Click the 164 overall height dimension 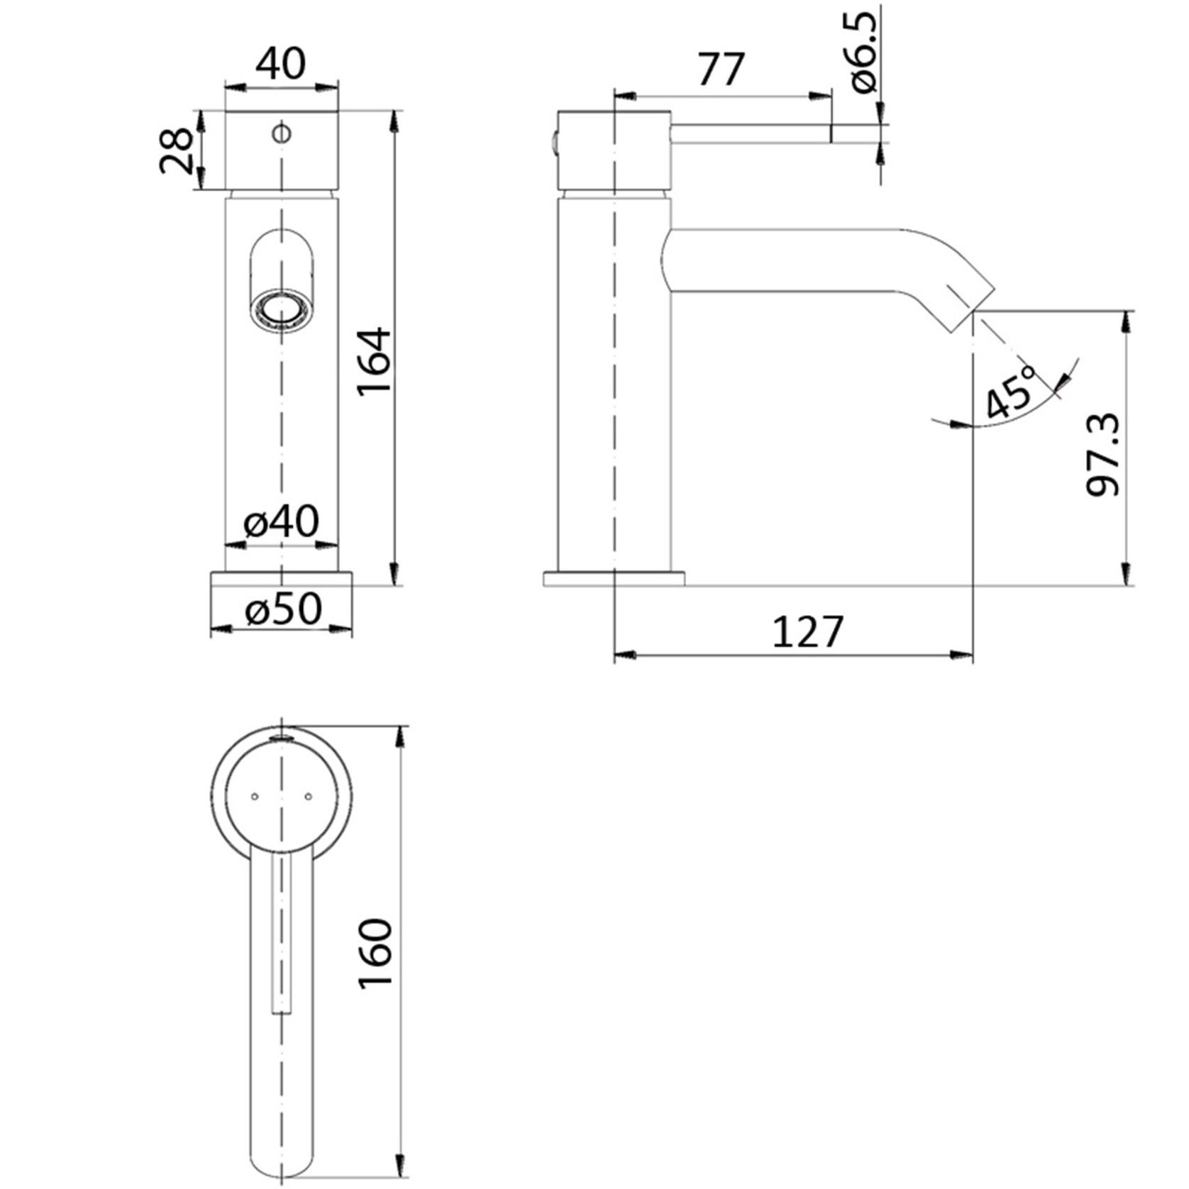[x=375, y=361]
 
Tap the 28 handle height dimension [x=175, y=150]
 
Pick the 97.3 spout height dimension [x=1102, y=455]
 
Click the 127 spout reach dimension [x=808, y=631]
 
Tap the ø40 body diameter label [x=282, y=522]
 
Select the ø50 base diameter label [x=283, y=609]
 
